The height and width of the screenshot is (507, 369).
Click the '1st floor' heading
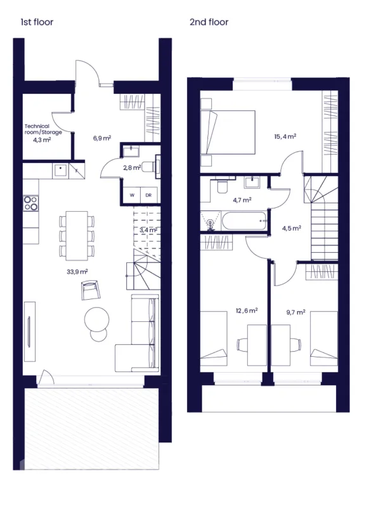click(37, 22)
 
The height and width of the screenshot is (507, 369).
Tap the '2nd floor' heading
click(209, 22)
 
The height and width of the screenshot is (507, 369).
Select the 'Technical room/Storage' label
click(43, 129)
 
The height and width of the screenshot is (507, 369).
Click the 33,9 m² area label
click(77, 272)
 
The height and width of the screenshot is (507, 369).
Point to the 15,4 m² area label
click(285, 136)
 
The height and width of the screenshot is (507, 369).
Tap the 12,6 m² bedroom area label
click(247, 311)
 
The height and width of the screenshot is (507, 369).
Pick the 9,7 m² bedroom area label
click(295, 312)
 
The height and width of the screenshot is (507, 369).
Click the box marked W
click(132, 195)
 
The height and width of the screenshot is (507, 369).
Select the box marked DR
click(149, 195)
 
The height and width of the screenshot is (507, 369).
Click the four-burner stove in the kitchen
click(30, 203)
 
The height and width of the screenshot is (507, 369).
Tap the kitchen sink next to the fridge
click(60, 170)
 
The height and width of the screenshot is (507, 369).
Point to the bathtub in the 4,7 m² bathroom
click(244, 221)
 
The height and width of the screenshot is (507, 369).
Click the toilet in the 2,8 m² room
click(149, 167)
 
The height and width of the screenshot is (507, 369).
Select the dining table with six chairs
click(77, 235)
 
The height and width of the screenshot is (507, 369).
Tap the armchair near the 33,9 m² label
click(91, 290)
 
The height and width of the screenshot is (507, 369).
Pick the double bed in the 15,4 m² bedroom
click(228, 132)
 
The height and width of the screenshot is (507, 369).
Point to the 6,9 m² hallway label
click(102, 138)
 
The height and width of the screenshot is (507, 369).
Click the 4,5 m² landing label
click(292, 228)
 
